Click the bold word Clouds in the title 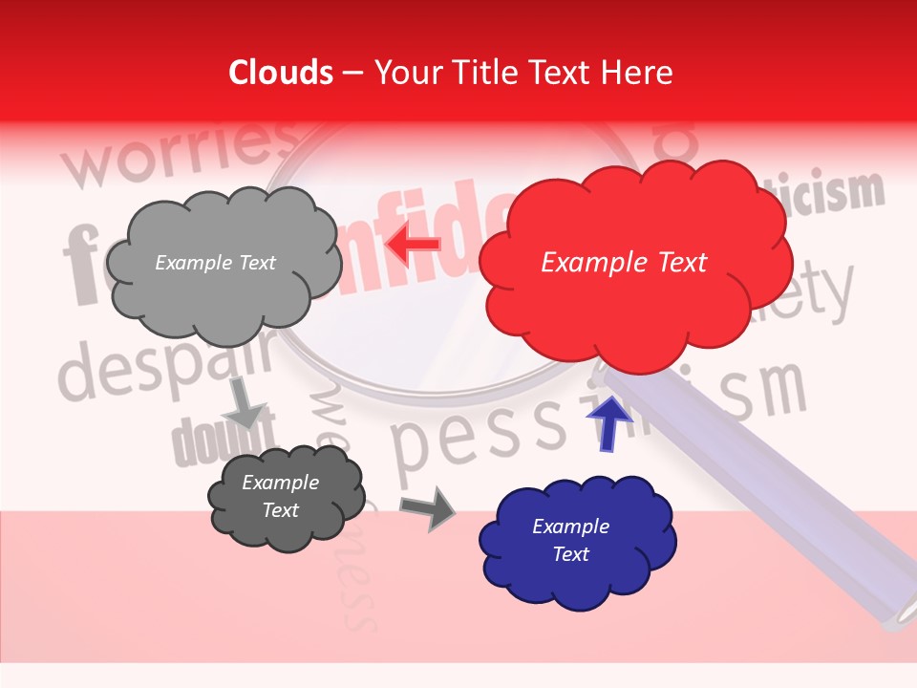(281, 73)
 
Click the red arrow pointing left (414, 246)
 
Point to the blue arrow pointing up (609, 422)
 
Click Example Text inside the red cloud (624, 263)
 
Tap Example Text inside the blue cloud (570, 540)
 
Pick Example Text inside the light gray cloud (215, 263)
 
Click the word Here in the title (638, 73)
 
